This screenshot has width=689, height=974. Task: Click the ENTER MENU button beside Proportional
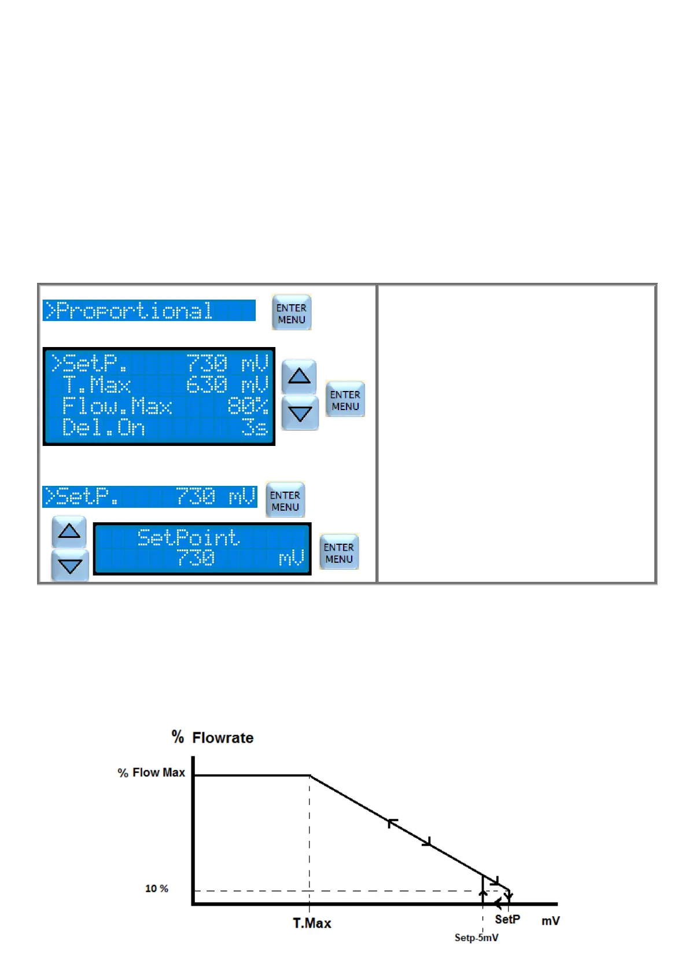(292, 313)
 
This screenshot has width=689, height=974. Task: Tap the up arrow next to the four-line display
(299, 377)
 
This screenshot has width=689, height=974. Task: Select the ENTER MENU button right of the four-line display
(345, 400)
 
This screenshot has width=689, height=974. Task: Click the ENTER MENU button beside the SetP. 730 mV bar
(285, 500)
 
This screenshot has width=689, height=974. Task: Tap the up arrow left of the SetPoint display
(69, 532)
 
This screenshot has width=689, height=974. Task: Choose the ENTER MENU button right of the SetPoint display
(339, 552)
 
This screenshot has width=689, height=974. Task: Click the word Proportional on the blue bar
(134, 311)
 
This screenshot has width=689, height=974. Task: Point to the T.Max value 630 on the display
(207, 385)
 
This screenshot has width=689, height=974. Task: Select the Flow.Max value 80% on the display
(248, 406)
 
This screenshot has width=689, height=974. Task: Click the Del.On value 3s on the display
(255, 427)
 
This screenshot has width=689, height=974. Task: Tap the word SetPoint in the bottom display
(189, 538)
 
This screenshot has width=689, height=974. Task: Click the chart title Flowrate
(223, 738)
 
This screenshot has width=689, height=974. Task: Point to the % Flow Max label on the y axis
(152, 773)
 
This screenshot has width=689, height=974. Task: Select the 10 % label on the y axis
(157, 888)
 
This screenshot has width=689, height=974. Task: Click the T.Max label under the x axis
(312, 923)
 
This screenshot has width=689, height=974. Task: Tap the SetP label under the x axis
(507, 920)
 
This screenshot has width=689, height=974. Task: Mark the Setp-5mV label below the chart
(476, 938)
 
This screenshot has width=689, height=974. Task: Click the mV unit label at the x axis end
(550, 921)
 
